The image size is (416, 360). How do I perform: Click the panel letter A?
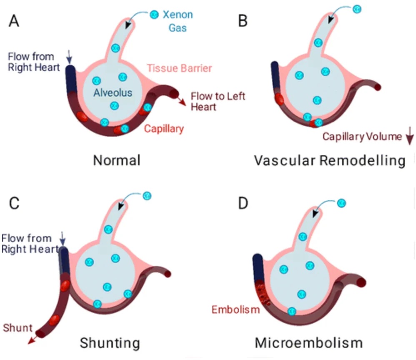point(14,21)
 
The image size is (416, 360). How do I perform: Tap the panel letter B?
point(243,21)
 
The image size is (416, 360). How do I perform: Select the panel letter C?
point(14,203)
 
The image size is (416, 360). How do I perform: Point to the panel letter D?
point(243,203)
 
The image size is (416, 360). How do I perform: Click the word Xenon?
point(178,15)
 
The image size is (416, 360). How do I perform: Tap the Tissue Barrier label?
point(179,68)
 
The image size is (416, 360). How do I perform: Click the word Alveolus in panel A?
point(113,93)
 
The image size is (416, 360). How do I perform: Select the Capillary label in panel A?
point(164,129)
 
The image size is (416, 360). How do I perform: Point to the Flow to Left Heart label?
point(218,101)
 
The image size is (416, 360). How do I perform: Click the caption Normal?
point(117,160)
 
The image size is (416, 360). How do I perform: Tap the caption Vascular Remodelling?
point(330,161)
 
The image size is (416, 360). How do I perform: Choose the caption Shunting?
point(110,343)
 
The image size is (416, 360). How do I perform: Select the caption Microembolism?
point(309,343)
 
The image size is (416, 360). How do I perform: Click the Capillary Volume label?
point(362,137)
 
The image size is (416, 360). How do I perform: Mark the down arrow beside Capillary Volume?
point(410,136)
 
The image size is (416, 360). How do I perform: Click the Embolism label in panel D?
point(236,310)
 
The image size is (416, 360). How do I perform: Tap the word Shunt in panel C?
point(18,328)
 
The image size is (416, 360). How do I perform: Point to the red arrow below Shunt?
point(33,340)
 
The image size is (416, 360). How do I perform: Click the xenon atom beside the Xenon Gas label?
point(154,14)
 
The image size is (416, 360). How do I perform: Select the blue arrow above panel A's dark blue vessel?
point(69,57)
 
